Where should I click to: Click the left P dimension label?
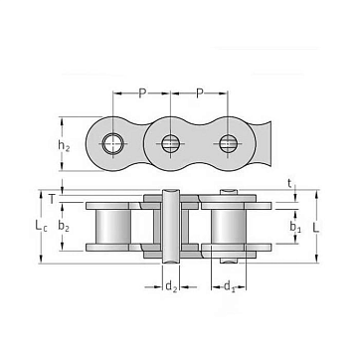click(x=142, y=93)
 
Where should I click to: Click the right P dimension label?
click(x=199, y=93)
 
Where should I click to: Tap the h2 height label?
click(x=64, y=145)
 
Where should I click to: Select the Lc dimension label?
click(x=41, y=226)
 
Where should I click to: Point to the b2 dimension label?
click(x=64, y=226)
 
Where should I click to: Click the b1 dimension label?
click(x=295, y=227)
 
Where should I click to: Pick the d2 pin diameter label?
click(x=171, y=286)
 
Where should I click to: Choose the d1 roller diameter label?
click(x=230, y=286)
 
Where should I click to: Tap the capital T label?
click(x=52, y=199)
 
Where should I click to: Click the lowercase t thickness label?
click(x=290, y=183)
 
